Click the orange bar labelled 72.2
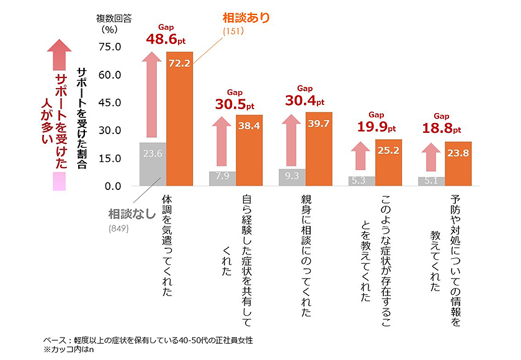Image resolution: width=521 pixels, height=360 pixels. tap(179, 119)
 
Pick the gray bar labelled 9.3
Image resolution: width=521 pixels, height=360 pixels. tap(292, 178)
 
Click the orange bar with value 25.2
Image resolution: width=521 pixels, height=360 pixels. tap(388, 163)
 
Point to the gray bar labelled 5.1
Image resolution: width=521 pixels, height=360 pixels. tap(431, 181)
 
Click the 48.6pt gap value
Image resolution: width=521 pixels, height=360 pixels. tap(165, 39)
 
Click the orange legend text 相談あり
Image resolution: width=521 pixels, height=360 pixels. tap(246, 18)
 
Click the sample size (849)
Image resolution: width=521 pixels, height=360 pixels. tap(119, 229)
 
